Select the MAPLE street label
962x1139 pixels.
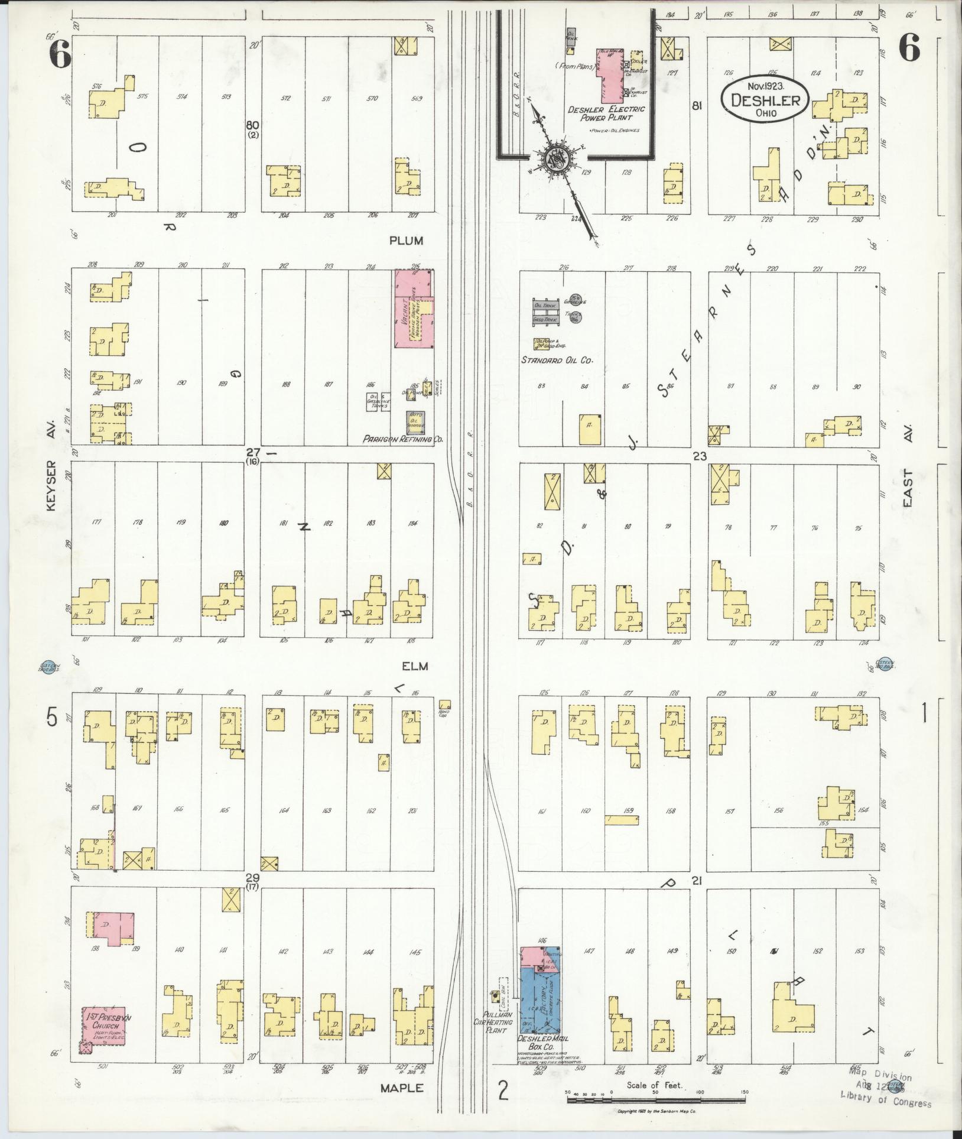click(402, 1088)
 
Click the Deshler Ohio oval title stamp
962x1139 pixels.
click(763, 100)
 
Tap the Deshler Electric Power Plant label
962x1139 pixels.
click(606, 113)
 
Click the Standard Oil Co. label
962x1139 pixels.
click(556, 360)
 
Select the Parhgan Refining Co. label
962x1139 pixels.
click(404, 440)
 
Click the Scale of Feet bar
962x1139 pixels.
click(656, 1100)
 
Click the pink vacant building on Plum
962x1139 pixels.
click(413, 308)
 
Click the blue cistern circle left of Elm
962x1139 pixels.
click(48, 667)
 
